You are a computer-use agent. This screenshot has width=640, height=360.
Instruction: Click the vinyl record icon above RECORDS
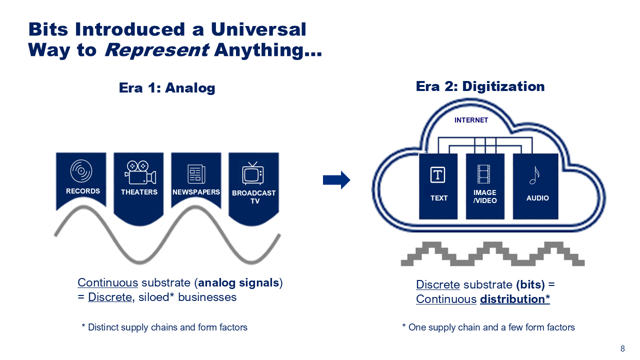point(81,171)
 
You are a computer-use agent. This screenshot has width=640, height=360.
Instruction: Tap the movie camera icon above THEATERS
point(139,172)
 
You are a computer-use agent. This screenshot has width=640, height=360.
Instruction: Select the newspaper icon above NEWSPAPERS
point(196,173)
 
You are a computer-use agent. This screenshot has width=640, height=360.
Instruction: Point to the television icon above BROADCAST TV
point(253,173)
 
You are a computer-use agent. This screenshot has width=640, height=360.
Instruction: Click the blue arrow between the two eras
point(336,180)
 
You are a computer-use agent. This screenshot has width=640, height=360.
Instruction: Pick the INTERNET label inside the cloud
point(471,120)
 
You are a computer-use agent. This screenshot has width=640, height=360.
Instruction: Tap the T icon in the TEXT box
point(438,175)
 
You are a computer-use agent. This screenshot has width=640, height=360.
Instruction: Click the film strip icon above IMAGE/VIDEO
point(484,174)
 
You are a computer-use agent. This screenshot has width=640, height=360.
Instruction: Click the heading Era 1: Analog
point(167,88)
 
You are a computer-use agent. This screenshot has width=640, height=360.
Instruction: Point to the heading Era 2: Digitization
point(480,86)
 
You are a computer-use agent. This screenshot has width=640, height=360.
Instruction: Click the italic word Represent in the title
point(156,50)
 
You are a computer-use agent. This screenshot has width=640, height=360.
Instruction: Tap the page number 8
point(622,349)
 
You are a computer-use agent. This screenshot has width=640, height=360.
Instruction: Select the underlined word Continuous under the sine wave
point(107,282)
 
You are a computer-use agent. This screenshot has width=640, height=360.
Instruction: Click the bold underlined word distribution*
point(515,299)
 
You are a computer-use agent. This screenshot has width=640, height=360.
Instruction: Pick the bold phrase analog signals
point(238,282)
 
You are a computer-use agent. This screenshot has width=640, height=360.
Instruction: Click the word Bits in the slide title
point(49,29)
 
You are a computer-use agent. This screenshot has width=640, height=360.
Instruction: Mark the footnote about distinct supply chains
point(164,327)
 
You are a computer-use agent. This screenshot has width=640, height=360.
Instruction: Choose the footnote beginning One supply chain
point(488,327)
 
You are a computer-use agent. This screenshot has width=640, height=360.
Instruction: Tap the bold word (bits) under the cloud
point(530,284)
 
